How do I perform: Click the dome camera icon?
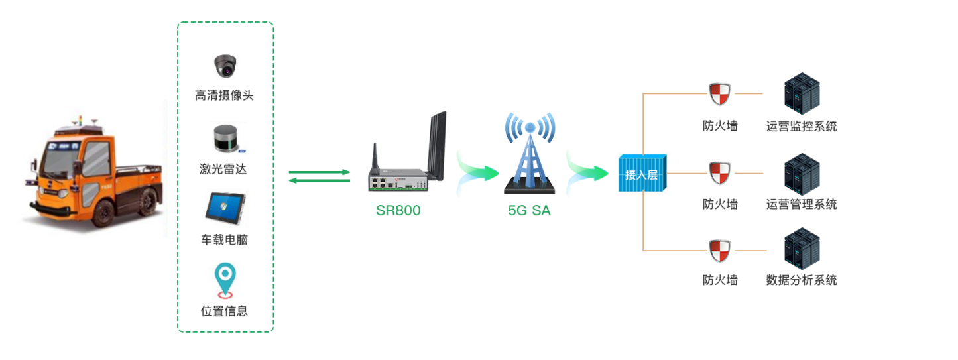click(225, 66)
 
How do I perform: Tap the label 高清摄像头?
click(224, 95)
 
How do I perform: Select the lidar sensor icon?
click(225, 139)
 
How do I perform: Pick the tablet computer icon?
click(225, 208)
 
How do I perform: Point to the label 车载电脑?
click(224, 239)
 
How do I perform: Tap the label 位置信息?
click(224, 310)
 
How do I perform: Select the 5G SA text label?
click(529, 211)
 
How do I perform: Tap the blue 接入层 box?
click(642, 174)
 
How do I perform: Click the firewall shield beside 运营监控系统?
click(719, 94)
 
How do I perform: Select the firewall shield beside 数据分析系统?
click(719, 251)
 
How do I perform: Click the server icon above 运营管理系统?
click(802, 173)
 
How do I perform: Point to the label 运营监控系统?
click(802, 126)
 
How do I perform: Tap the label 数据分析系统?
click(802, 280)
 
